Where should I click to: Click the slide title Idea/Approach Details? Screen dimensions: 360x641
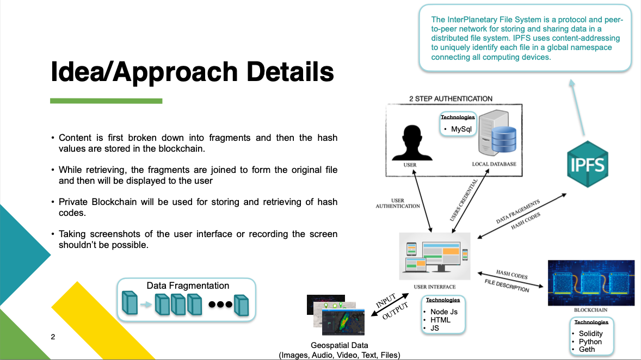tap(192, 72)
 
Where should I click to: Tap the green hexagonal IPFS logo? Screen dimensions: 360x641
tap(587, 164)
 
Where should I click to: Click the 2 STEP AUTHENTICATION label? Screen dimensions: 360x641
tap(451, 98)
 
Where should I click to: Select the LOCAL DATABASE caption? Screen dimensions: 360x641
tap(494, 164)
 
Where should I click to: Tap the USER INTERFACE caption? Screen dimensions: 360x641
tap(434, 287)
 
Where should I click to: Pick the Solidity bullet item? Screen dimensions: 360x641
tap(590, 333)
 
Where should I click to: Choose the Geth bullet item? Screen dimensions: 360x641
tap(587, 349)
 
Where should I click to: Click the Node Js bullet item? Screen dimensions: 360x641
tap(444, 312)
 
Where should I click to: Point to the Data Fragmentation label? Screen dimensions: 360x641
tap(188, 285)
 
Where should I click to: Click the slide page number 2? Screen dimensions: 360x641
tap(53, 337)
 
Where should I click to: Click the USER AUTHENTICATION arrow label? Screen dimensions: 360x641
tap(398, 203)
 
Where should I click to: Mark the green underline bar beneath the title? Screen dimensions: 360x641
tap(106, 101)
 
